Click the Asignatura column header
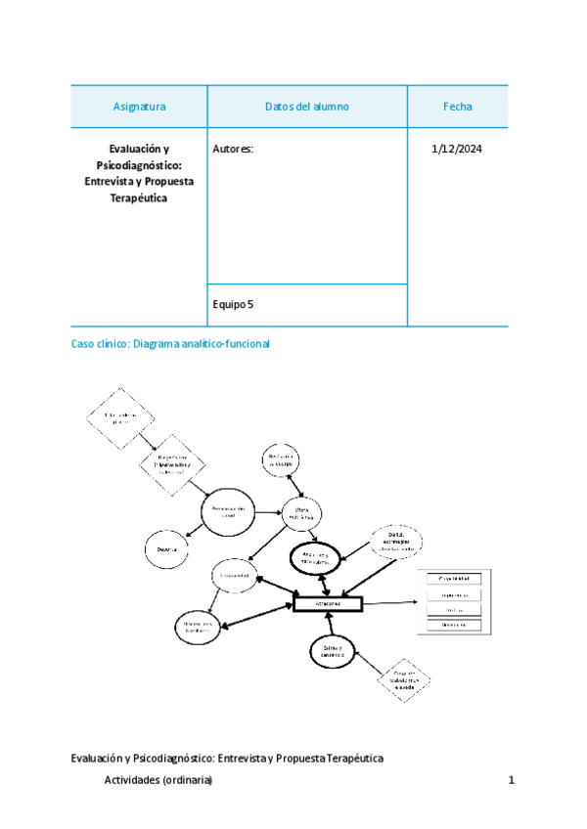pyautogui.click(x=139, y=107)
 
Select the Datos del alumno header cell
pyautogui.click(x=307, y=107)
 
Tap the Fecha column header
pyautogui.click(x=457, y=107)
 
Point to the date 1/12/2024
pyautogui.click(x=457, y=150)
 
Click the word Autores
pyautogui.click(x=233, y=150)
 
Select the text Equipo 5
pyautogui.click(x=233, y=305)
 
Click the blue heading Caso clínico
pyautogui.click(x=170, y=344)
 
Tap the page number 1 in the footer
pyautogui.click(x=512, y=780)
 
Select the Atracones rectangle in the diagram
pyautogui.click(x=328, y=604)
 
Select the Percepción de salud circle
pyautogui.click(x=232, y=512)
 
